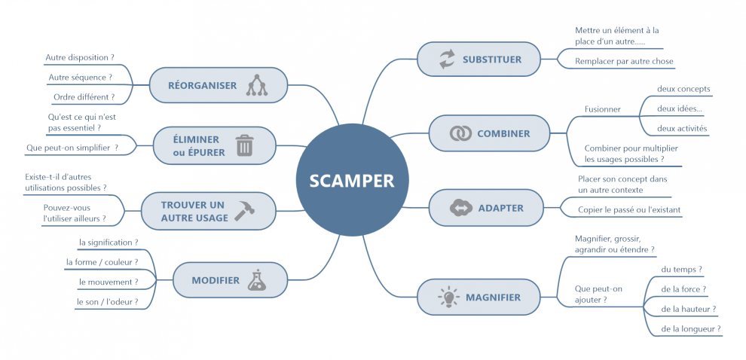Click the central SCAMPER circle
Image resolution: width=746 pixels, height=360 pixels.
tap(351, 181)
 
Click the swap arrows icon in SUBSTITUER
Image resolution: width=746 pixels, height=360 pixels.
tap(448, 59)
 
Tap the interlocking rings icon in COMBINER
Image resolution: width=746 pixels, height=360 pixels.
tap(460, 133)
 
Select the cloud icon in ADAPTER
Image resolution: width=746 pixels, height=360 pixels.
tap(459, 208)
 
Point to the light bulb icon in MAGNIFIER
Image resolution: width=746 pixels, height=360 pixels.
tap(448, 297)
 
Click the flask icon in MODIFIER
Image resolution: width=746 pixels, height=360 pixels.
tap(257, 280)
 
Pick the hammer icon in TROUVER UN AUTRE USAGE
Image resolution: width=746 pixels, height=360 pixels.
tap(244, 211)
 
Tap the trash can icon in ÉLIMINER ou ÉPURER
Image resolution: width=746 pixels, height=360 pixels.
tap(244, 145)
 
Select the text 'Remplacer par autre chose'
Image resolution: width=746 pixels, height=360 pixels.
tap(624, 61)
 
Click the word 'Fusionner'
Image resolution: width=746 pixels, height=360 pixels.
tap(603, 109)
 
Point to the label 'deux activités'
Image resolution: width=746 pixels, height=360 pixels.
tap(682, 128)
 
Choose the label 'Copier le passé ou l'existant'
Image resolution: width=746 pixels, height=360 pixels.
tap(629, 209)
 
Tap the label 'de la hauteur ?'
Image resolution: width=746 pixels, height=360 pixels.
tap(688, 309)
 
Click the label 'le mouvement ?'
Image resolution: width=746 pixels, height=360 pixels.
tap(109, 282)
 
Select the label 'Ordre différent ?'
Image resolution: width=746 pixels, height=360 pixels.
tap(84, 97)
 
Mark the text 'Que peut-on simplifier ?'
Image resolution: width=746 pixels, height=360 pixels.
tap(72, 148)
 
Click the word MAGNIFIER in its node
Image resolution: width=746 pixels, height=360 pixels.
tap(494, 297)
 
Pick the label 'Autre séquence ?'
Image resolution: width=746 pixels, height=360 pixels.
tap(80, 77)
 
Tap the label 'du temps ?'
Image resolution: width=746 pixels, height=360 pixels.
tap(681, 269)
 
